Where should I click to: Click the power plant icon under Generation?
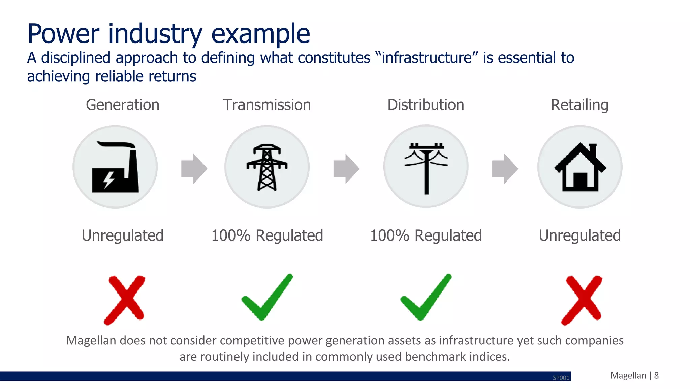pyautogui.click(x=115, y=167)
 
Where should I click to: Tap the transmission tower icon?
pyautogui.click(x=267, y=167)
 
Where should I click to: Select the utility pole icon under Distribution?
pyautogui.click(x=426, y=167)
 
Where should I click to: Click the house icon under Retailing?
pyautogui.click(x=580, y=167)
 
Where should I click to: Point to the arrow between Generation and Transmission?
pyautogui.click(x=194, y=169)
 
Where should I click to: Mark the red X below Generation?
pyautogui.click(x=125, y=300)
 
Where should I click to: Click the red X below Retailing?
pyautogui.click(x=582, y=300)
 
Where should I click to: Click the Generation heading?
pyautogui.click(x=123, y=105)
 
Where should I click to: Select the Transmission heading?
pyautogui.click(x=267, y=105)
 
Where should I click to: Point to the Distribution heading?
pyautogui.click(x=426, y=105)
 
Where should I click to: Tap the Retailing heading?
pyautogui.click(x=579, y=105)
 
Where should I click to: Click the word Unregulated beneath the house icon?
pyautogui.click(x=579, y=235)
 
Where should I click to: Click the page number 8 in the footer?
pyautogui.click(x=656, y=376)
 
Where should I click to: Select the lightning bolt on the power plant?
pyautogui.click(x=108, y=180)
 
